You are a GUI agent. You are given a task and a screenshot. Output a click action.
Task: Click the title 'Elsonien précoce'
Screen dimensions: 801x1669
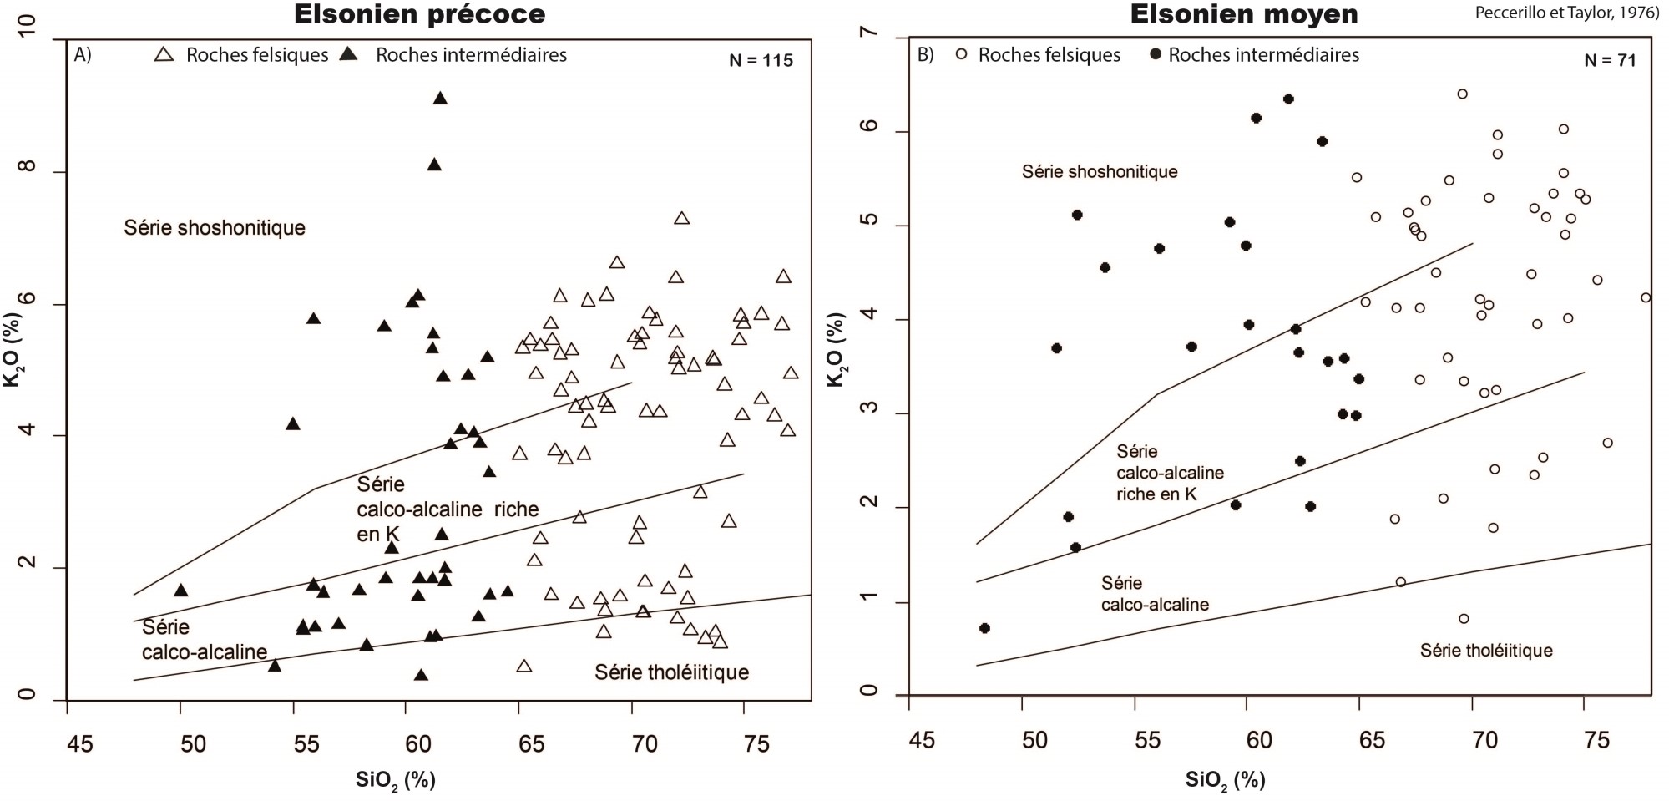click(x=419, y=14)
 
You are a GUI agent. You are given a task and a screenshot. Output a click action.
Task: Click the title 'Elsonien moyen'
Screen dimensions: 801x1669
click(x=1244, y=14)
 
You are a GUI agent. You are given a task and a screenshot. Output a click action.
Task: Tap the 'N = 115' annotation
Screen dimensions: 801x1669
click(x=761, y=60)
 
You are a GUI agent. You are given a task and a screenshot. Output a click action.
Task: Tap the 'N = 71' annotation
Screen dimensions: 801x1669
click(x=1610, y=60)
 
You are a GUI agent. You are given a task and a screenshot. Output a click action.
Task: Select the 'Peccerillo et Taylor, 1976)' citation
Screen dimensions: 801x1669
click(x=1566, y=13)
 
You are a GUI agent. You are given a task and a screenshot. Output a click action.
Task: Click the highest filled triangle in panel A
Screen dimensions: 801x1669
click(x=440, y=99)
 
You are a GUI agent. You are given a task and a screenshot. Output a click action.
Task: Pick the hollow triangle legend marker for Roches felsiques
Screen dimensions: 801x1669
click(x=164, y=55)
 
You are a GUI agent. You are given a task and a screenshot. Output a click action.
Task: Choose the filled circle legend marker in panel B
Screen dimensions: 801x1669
click(x=1156, y=55)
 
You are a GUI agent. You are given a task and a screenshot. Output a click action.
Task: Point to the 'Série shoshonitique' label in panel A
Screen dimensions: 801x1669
click(x=215, y=227)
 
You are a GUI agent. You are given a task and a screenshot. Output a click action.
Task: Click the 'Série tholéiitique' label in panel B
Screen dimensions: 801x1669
click(x=1486, y=650)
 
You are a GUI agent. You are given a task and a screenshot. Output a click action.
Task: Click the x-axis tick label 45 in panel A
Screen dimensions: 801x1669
click(x=80, y=743)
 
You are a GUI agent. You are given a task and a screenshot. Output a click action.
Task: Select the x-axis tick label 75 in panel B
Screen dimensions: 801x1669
click(x=1596, y=741)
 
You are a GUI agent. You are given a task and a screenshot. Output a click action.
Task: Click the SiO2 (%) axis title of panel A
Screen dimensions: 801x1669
click(x=396, y=780)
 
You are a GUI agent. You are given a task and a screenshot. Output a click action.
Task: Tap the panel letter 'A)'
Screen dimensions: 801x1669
click(x=83, y=55)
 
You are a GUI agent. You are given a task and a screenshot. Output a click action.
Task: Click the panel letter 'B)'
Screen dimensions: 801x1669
click(x=926, y=55)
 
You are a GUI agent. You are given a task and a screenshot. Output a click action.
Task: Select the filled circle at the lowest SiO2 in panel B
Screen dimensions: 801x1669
click(x=984, y=628)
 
